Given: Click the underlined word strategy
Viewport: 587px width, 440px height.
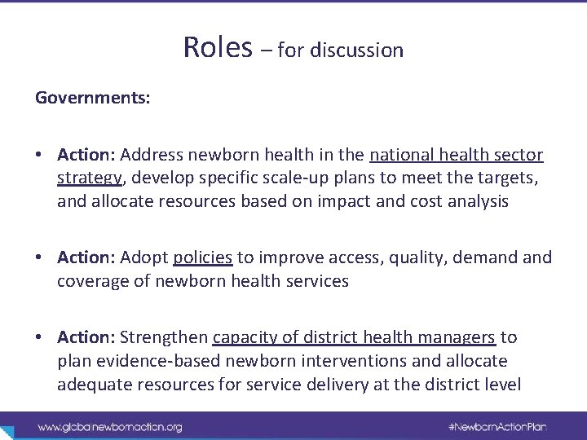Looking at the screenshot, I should point(88,178).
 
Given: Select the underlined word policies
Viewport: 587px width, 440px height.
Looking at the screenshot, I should point(203,257).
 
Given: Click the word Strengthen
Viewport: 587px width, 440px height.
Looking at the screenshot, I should point(164,337).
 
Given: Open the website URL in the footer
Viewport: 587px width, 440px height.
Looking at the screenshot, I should point(110,426).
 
